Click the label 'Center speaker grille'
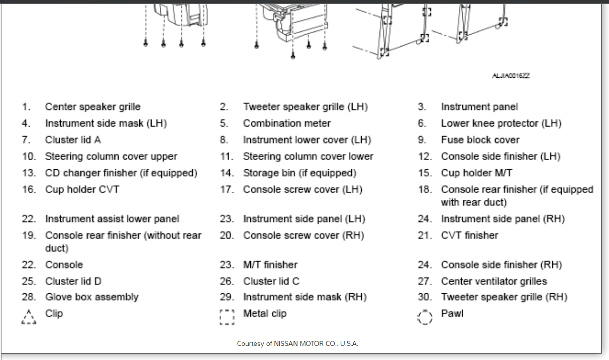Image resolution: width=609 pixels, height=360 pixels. pyautogui.click(x=92, y=107)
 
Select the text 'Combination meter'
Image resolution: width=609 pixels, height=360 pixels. pyautogui.click(x=287, y=124)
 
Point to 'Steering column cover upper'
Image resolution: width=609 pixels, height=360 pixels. pyautogui.click(x=111, y=157)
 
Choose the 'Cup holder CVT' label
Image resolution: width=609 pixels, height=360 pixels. pyautogui.click(x=82, y=189)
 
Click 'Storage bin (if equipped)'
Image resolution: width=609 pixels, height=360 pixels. pyautogui.click(x=299, y=173)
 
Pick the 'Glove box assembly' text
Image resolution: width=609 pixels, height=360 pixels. pyautogui.click(x=91, y=297)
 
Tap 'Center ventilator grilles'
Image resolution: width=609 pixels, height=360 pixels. pyautogui.click(x=493, y=281)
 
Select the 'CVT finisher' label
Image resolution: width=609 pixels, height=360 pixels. pyautogui.click(x=469, y=235)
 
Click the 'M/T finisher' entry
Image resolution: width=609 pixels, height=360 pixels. pyautogui.click(x=270, y=265)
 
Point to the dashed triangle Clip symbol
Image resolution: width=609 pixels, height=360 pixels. pyautogui.click(x=29, y=317)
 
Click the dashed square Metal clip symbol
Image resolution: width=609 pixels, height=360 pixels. pyautogui.click(x=227, y=317)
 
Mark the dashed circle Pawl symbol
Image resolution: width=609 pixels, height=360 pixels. pyautogui.click(x=425, y=317)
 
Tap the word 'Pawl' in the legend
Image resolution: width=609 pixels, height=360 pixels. pyautogui.click(x=452, y=314)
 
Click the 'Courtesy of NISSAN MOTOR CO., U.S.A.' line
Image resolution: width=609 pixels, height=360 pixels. pyautogui.click(x=297, y=344)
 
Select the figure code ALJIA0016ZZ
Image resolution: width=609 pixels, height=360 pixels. pyautogui.click(x=511, y=76)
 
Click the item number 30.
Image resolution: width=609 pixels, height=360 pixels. pyautogui.click(x=425, y=297)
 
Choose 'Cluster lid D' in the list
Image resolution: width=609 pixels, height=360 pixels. pyautogui.click(x=73, y=281)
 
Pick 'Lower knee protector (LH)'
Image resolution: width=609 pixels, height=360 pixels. pyautogui.click(x=501, y=124)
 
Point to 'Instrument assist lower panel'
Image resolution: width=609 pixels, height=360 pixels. pyautogui.click(x=112, y=219)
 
